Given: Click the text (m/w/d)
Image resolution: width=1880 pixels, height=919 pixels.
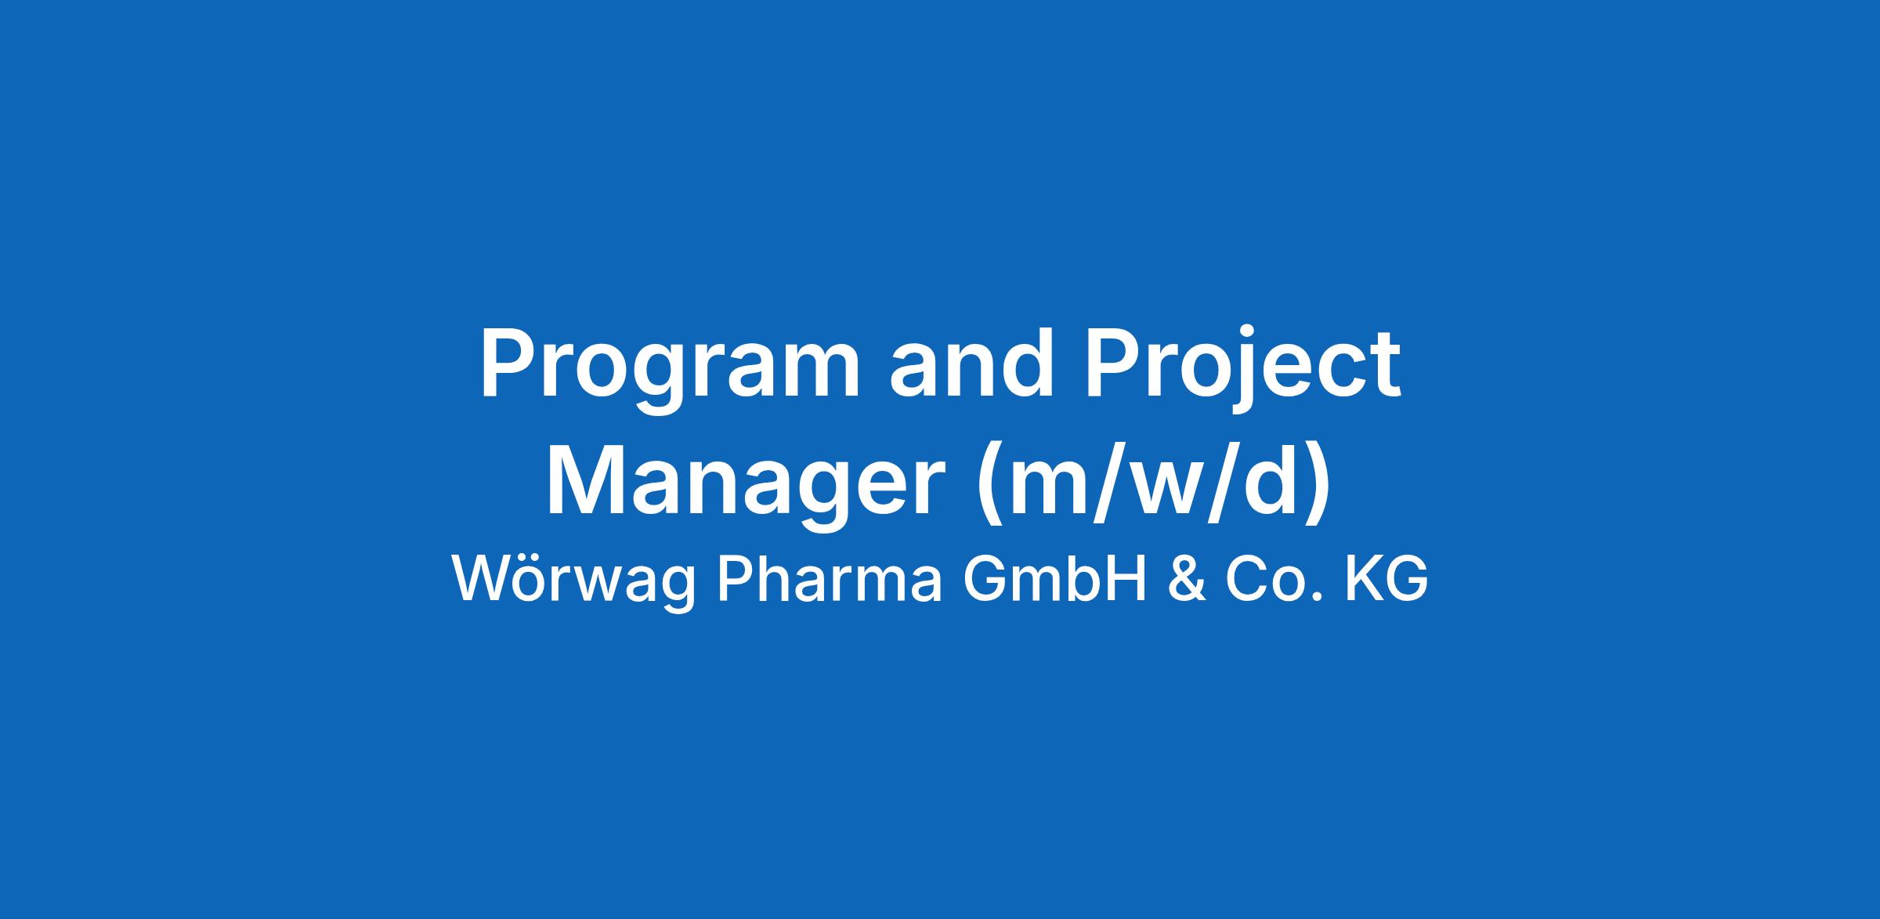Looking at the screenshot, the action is pyautogui.click(x=1153, y=483).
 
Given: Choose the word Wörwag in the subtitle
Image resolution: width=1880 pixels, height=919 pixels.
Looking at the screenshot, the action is pyautogui.click(x=573, y=581).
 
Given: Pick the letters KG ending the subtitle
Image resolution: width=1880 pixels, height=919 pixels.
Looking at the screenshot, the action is pyautogui.click(x=1386, y=579).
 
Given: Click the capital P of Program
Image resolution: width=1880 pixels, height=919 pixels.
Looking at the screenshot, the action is pyautogui.click(x=509, y=363).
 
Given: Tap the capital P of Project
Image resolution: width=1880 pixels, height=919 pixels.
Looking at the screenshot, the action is pyautogui.click(x=1115, y=363).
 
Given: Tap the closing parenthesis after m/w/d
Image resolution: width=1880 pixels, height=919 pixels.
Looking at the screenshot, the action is pyautogui.click(x=1318, y=484).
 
